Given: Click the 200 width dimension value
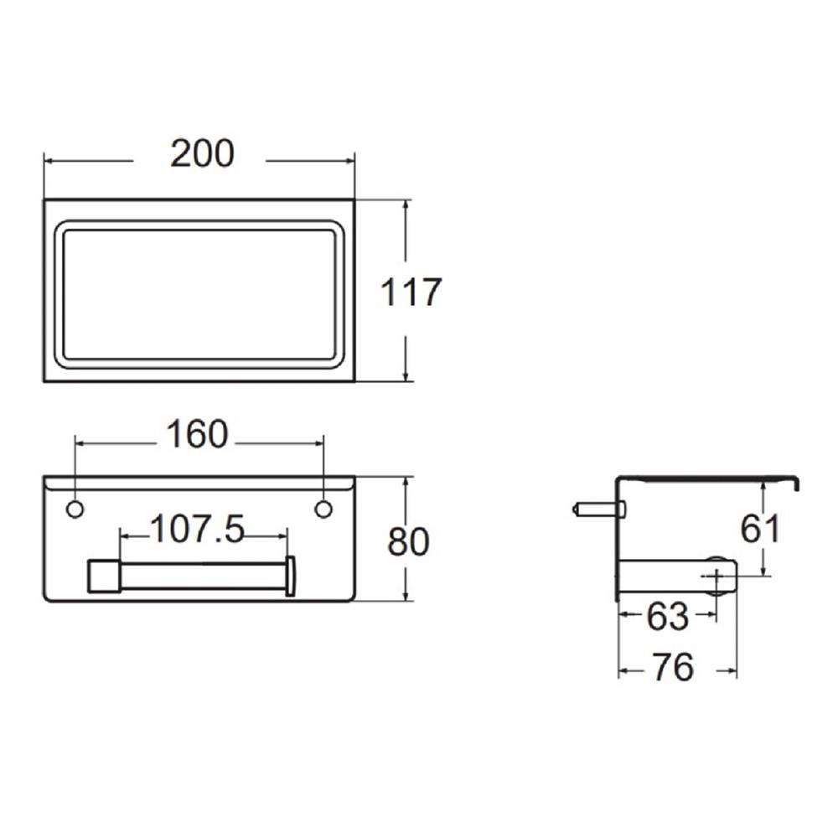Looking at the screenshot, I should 202,154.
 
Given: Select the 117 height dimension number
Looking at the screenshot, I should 411,292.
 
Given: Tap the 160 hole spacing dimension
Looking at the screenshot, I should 196,435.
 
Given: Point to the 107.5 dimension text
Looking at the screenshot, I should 197,530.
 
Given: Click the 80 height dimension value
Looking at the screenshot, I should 408,542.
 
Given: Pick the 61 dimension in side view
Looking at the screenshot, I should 761,529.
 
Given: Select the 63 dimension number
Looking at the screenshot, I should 667,618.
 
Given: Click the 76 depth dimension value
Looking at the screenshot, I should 672,668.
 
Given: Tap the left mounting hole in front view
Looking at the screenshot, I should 75,509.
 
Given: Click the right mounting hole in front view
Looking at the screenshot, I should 323,509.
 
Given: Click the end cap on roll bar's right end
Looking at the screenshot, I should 290,576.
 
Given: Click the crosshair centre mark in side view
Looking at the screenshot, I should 716,576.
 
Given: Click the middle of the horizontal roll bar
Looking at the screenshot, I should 201,576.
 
